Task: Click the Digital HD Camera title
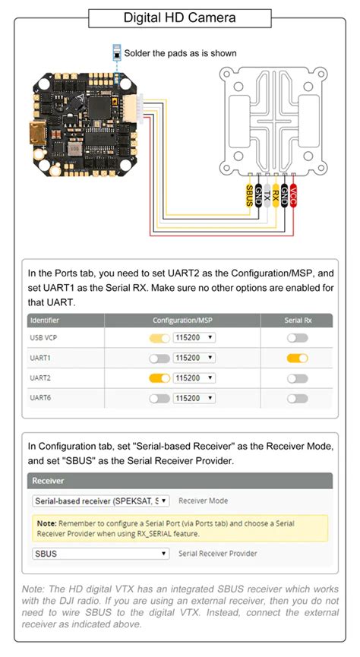(179, 17)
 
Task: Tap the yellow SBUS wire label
(249, 195)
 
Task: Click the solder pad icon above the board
(116, 54)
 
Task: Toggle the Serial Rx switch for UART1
(297, 357)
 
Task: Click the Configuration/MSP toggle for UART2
(159, 377)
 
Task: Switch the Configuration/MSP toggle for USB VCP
(159, 337)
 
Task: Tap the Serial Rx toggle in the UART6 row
(297, 398)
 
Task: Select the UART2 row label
(41, 377)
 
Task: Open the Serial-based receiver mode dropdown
(101, 501)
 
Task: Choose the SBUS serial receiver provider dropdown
(101, 554)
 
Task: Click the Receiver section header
(47, 480)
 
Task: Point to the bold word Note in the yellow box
(46, 523)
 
